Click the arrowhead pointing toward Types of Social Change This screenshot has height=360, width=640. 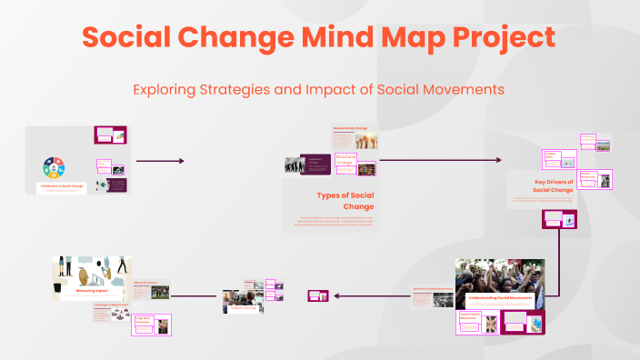(x=181, y=161)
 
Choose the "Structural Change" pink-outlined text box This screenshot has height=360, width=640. (x=345, y=161)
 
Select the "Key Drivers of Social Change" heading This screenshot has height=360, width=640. (x=554, y=186)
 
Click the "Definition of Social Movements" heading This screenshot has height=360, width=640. (x=432, y=288)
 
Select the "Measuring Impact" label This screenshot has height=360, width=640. (x=91, y=292)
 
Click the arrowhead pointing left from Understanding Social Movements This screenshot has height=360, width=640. (x=337, y=295)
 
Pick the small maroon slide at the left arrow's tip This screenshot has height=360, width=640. (x=317, y=295)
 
